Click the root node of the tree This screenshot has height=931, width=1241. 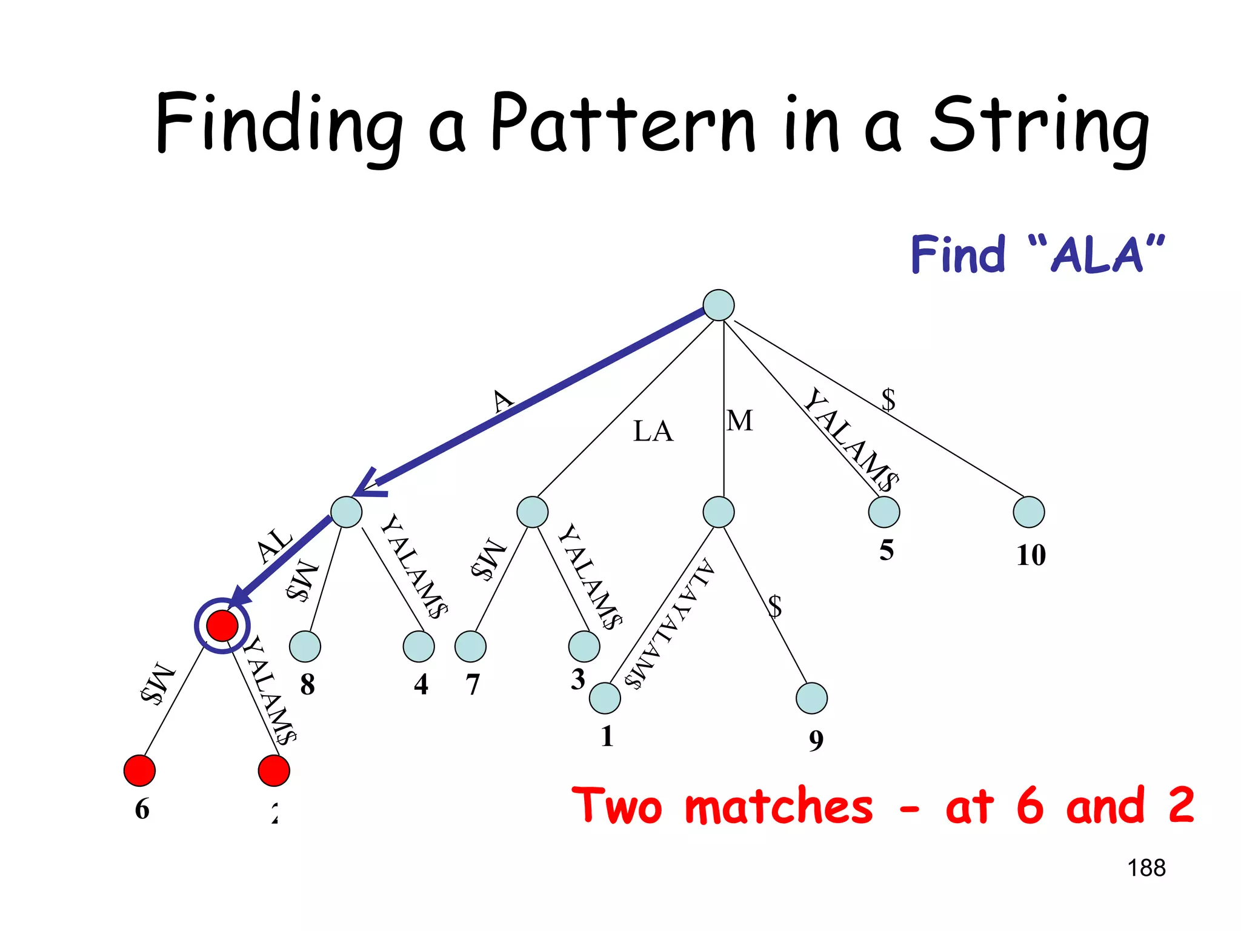[x=719, y=305]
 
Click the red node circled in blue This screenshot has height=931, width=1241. [x=222, y=626]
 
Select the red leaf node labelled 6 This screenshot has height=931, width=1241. [x=139, y=771]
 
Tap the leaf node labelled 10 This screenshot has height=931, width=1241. [x=1029, y=512]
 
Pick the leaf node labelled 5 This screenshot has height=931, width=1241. [x=884, y=512]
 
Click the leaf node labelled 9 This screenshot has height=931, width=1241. [x=812, y=698]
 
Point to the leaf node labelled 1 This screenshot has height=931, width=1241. [x=605, y=698]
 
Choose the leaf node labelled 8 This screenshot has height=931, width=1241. [x=305, y=647]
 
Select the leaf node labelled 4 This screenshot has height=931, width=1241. [x=419, y=647]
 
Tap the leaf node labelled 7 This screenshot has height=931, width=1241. [x=471, y=647]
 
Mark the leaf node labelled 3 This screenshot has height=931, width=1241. [x=584, y=647]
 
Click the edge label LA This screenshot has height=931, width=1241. [x=653, y=432]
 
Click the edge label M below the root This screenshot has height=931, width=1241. [x=740, y=421]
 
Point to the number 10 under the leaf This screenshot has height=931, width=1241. [x=1031, y=555]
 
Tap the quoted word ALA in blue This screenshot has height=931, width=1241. [x=1097, y=255]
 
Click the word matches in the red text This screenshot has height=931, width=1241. [x=779, y=806]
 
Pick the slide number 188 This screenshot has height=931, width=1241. [x=1146, y=868]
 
